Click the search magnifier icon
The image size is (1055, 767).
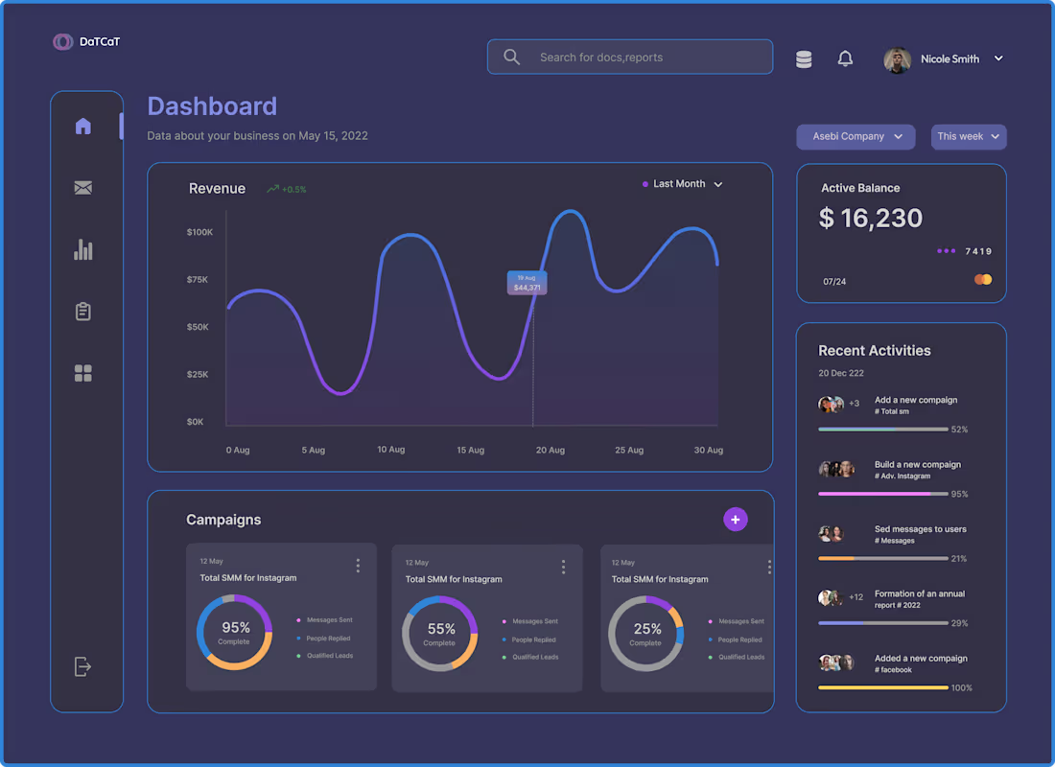(512, 58)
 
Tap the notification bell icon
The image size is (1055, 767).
(845, 59)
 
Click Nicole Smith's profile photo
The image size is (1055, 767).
(897, 59)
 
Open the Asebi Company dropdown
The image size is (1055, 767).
(856, 137)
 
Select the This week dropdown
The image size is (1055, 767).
(969, 137)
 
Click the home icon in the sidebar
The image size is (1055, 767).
(83, 126)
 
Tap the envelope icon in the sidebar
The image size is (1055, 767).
(83, 188)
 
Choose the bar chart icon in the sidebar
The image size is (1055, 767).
(83, 250)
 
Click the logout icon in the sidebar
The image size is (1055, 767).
(83, 666)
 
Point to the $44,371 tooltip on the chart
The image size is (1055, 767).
(527, 283)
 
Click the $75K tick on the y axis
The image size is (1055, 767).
(198, 280)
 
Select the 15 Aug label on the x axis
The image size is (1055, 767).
(470, 450)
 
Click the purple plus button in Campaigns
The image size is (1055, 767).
(736, 520)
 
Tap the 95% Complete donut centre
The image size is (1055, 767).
(234, 632)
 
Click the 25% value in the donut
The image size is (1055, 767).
(647, 629)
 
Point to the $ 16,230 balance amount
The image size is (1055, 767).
(871, 219)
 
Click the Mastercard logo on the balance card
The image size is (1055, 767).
(983, 280)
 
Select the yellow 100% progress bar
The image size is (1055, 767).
(882, 687)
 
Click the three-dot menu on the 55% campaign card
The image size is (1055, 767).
(563, 567)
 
